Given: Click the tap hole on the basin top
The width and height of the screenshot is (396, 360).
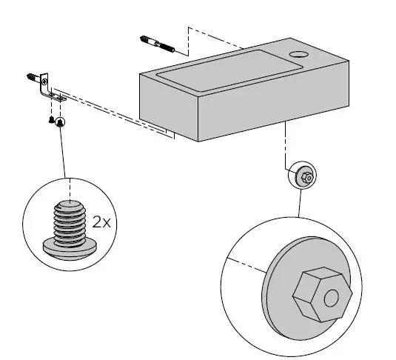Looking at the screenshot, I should point(299,54).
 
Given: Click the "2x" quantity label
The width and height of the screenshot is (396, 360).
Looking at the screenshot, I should point(101,221).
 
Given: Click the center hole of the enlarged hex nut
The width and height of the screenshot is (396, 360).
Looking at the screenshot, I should point(331,297).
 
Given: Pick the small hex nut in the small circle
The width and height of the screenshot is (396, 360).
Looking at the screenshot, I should point(306,177).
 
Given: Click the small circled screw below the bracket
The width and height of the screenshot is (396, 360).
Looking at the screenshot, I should point(59,121).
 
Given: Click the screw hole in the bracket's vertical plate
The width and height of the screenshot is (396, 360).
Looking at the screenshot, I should point(44,81).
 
